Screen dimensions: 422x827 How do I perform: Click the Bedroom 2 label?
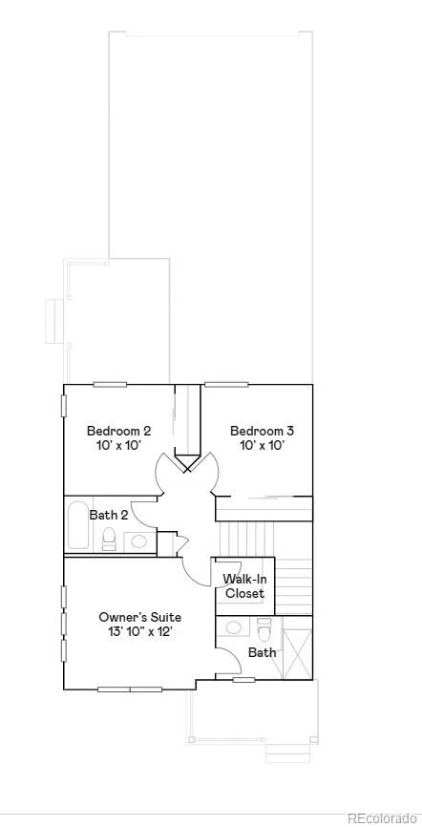(x=118, y=431)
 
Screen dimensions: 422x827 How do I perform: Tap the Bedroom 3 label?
(x=263, y=431)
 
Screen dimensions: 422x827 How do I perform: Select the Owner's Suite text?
(x=140, y=617)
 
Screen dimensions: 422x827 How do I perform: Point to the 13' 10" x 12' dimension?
(x=140, y=632)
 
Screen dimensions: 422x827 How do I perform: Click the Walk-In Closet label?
(x=243, y=586)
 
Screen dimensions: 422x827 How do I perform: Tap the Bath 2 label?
(x=109, y=515)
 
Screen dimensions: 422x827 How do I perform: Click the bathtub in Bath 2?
(x=79, y=525)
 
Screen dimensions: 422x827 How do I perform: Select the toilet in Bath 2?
(x=109, y=539)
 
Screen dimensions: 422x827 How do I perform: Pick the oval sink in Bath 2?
(x=139, y=541)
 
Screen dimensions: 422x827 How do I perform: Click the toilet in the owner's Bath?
(x=264, y=628)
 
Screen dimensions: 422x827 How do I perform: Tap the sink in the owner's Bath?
(x=233, y=627)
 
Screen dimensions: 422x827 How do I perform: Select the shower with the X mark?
(x=298, y=647)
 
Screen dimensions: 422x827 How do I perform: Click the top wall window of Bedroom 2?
(x=110, y=385)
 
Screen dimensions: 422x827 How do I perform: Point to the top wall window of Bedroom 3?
(x=226, y=385)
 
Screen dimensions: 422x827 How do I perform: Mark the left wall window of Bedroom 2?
(x=64, y=405)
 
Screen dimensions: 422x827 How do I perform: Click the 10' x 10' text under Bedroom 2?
(x=118, y=446)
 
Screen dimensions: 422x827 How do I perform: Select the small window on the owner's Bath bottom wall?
(x=243, y=680)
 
